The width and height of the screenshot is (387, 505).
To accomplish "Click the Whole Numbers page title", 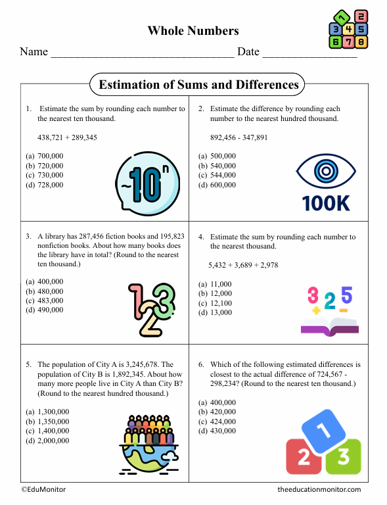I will tap(193, 30).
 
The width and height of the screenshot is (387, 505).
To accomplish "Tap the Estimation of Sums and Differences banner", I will tap(198, 85).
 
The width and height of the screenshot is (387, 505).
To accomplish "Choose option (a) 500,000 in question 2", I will tap(217, 156).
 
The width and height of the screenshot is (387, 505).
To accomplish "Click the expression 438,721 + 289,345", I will tap(68, 137).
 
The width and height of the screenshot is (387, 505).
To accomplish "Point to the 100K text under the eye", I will tap(326, 203).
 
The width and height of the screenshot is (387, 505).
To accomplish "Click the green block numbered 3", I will tap(343, 457).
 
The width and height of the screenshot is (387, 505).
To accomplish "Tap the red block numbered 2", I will tap(304, 457).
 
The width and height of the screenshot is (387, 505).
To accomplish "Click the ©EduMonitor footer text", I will tap(43, 489).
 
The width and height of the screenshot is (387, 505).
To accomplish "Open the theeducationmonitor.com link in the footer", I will tap(319, 489).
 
